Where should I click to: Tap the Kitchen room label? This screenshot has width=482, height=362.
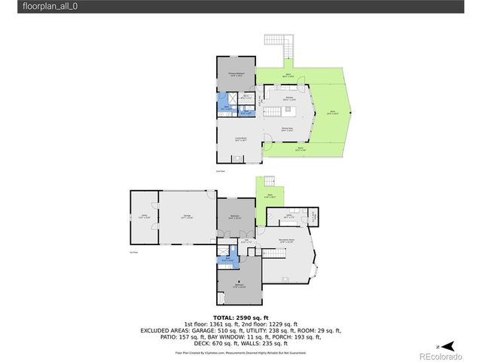click(x=288, y=99)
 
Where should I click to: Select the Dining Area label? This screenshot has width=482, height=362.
click(x=288, y=129)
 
